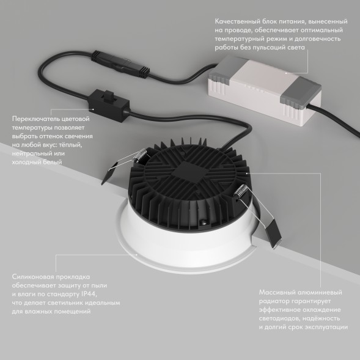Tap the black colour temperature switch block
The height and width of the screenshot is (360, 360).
(x=105, y=100)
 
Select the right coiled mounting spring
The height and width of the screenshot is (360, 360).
(x=243, y=193)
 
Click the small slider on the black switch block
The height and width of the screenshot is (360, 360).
(x=111, y=96)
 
